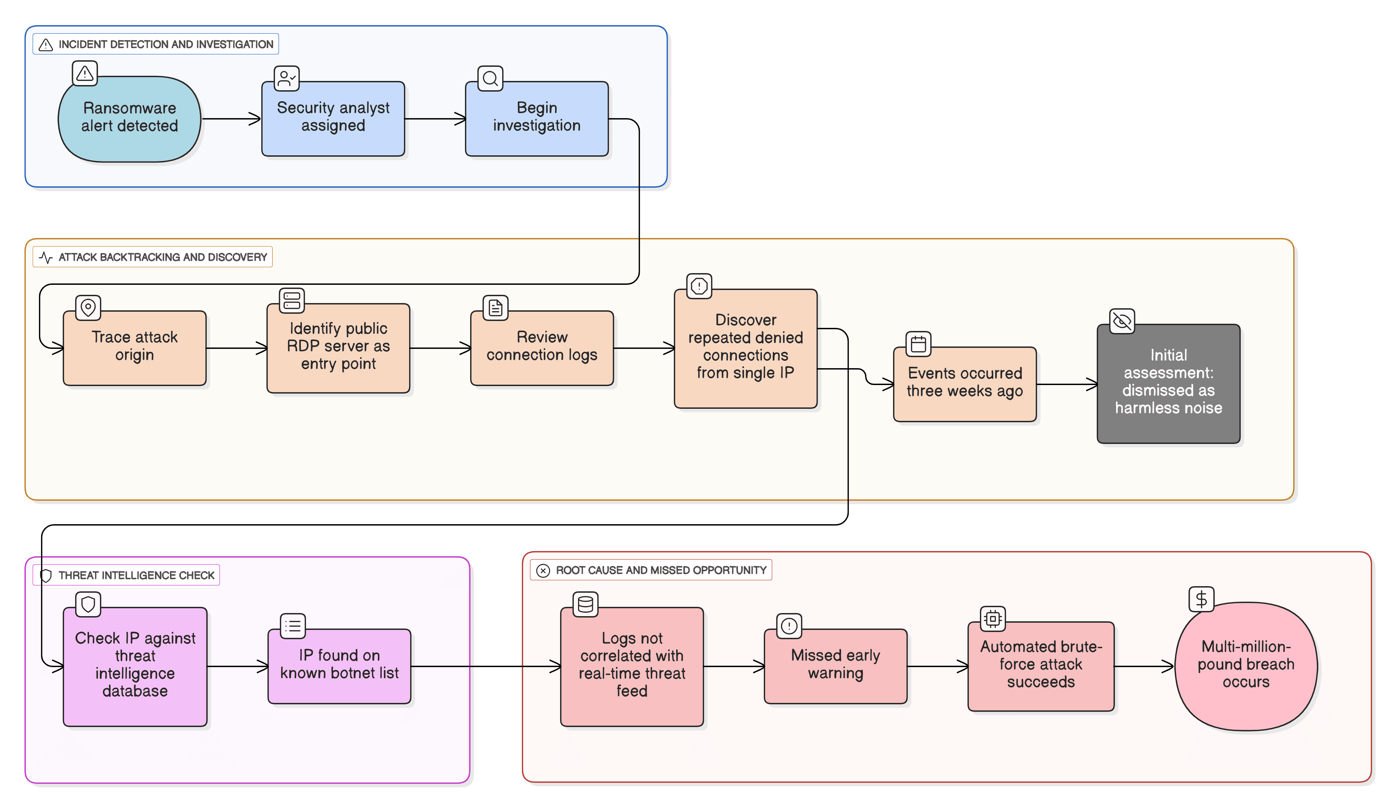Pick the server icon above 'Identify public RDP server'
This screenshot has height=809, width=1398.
tap(292, 301)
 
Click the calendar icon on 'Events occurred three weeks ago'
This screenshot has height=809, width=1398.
tap(918, 344)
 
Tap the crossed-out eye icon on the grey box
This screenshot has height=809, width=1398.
tap(1122, 321)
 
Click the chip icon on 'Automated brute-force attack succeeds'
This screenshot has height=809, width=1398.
tap(992, 618)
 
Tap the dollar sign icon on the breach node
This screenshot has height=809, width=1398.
tap(1201, 599)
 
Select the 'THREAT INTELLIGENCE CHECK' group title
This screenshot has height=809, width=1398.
tap(136, 575)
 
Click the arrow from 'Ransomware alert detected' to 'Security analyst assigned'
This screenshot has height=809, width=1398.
tap(230, 119)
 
